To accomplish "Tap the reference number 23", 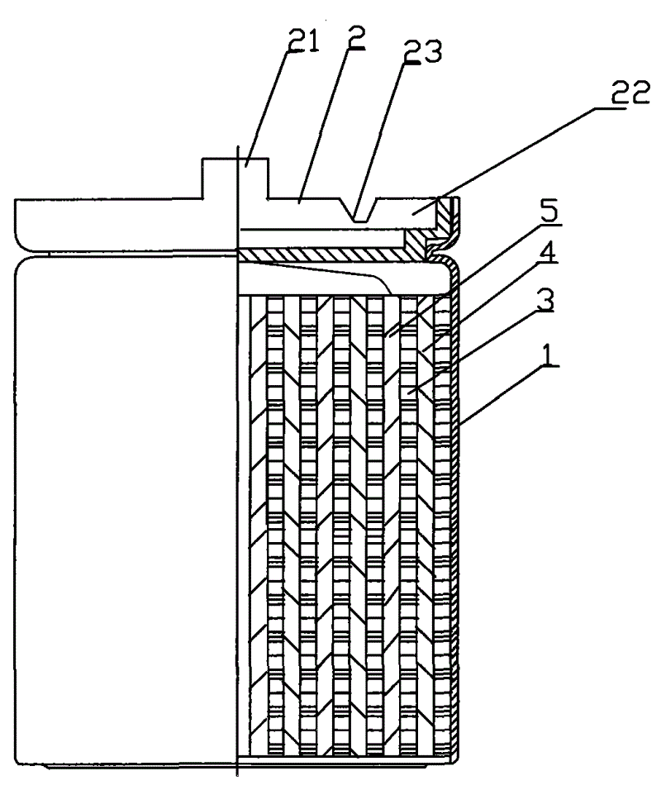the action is tap(423, 51).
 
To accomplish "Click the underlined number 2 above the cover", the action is tap(355, 36).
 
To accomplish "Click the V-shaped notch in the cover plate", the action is tap(360, 210).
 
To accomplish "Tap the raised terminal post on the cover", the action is tap(235, 178).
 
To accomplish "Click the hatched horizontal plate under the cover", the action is tap(322, 255).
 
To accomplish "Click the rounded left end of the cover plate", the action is tap(19, 224).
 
